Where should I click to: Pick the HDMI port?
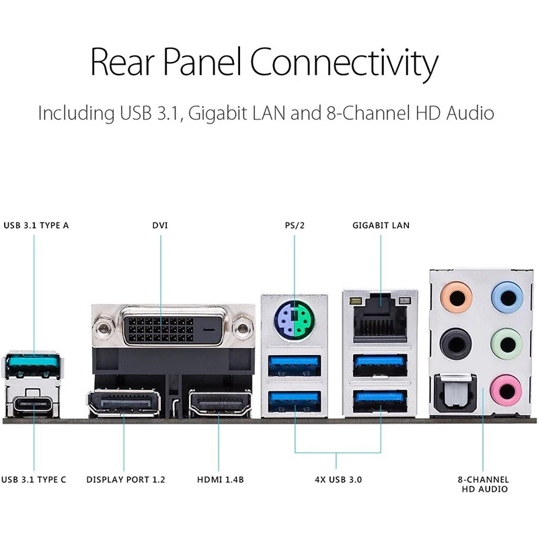[220, 404]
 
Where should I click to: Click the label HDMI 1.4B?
[220, 479]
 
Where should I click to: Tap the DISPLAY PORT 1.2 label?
[126, 479]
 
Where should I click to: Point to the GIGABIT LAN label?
[381, 225]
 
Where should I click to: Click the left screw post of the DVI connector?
[104, 328]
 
